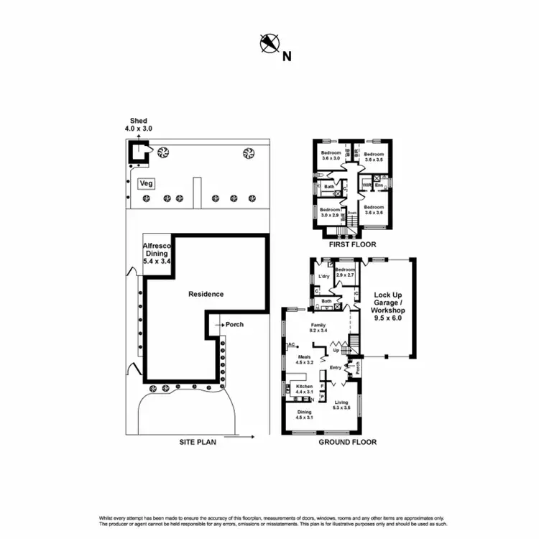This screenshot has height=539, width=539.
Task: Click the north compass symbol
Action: (x=269, y=45)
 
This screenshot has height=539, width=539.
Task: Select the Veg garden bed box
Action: (x=147, y=183)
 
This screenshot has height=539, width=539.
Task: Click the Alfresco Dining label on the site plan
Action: (x=156, y=253)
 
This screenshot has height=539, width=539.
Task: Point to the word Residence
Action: (x=206, y=294)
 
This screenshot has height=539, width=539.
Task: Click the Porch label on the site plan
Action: (x=234, y=324)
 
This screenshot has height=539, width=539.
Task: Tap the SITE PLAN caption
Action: (x=198, y=443)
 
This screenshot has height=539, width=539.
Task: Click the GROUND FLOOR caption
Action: (x=348, y=443)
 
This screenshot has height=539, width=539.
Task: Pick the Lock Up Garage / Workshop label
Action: (x=389, y=305)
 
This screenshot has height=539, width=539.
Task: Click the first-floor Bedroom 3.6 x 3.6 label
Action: (x=374, y=209)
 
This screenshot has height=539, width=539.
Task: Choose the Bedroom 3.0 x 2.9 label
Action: (x=330, y=212)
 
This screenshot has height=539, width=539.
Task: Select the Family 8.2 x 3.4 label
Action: (x=318, y=328)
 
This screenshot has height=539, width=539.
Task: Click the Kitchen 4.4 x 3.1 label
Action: (x=305, y=389)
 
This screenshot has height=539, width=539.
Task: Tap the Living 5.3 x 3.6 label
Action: (x=341, y=405)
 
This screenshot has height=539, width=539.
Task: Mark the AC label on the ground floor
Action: (x=291, y=346)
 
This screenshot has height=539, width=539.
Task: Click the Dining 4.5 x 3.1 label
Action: (x=305, y=415)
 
